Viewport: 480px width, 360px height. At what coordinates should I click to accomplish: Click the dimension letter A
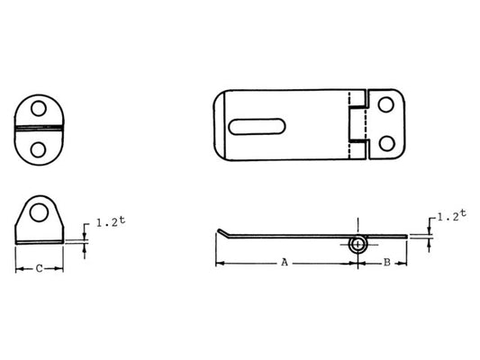click(x=285, y=263)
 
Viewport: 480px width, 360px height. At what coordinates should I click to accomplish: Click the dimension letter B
click(x=386, y=263)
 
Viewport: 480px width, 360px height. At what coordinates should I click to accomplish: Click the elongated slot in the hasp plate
click(x=258, y=126)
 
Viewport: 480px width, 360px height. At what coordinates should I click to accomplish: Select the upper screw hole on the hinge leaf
click(x=386, y=104)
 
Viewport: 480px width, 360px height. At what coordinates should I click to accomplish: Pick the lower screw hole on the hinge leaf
click(x=386, y=143)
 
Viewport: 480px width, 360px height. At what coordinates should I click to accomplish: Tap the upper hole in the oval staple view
click(x=39, y=109)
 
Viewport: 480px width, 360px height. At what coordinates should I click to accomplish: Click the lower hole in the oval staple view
click(x=39, y=148)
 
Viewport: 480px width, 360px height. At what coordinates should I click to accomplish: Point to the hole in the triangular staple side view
click(x=39, y=213)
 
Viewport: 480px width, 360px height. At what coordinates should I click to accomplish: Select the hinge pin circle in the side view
click(x=358, y=243)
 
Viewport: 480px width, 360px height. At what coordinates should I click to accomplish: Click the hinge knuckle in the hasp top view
click(x=358, y=123)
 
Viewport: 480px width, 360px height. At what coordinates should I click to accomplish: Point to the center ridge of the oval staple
click(x=39, y=129)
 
